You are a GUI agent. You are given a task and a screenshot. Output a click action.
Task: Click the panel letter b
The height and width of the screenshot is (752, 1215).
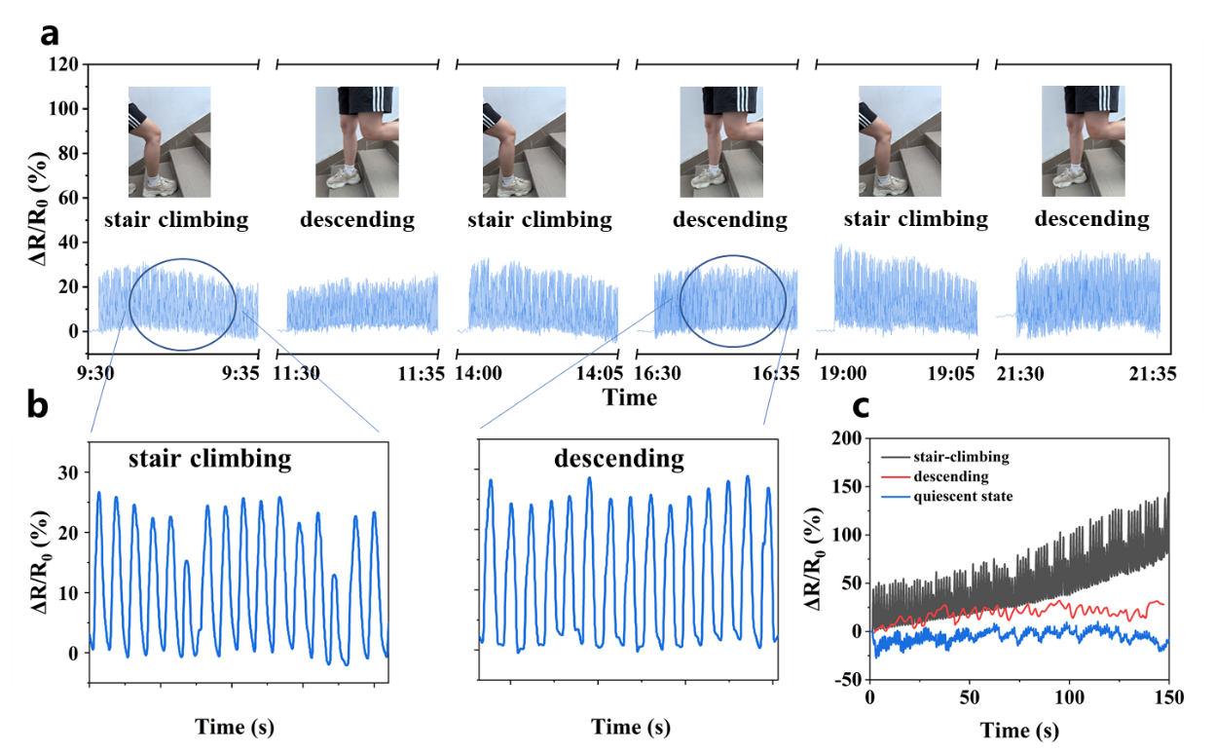37,406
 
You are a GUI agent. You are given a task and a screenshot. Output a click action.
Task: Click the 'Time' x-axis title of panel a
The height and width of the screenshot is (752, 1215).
629,396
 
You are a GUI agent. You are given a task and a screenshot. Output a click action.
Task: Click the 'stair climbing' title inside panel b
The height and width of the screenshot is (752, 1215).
208,457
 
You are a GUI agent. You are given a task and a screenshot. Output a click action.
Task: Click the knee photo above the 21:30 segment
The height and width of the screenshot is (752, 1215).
1083,141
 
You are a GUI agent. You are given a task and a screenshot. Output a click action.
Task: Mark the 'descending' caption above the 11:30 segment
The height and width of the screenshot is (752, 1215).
356,219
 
